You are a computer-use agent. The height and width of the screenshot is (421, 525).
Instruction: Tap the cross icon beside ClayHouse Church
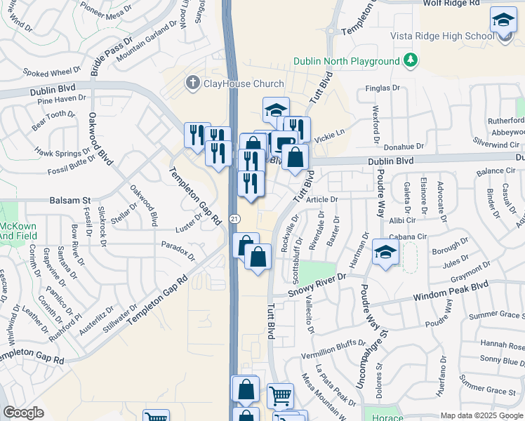(192, 83)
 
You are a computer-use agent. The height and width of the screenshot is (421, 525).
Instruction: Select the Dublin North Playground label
(347, 61)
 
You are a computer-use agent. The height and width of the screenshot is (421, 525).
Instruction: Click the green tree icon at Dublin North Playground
(411, 61)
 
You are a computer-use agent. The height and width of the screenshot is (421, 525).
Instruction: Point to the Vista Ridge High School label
(443, 36)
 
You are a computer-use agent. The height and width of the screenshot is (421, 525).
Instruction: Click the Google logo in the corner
(23, 413)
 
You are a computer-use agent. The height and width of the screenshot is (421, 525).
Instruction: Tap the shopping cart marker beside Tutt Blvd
(280, 396)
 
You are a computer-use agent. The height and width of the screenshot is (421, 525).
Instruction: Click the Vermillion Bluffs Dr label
(326, 345)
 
